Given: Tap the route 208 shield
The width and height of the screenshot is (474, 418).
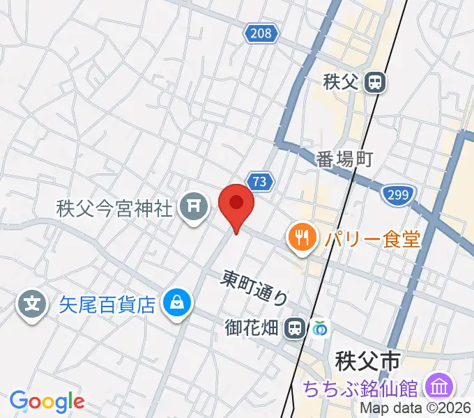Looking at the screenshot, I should [261, 32].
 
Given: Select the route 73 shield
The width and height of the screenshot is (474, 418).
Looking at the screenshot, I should [259, 182].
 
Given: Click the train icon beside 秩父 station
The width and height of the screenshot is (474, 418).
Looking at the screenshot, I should [375, 83].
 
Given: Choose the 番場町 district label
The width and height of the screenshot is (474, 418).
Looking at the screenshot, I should [344, 158].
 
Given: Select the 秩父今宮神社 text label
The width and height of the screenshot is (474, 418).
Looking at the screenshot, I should [115, 208].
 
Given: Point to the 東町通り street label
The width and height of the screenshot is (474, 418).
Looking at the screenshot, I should [255, 286].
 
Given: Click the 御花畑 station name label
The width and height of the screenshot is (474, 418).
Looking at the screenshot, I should [254, 327].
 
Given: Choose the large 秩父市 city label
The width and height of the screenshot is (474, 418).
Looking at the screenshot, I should [367, 361].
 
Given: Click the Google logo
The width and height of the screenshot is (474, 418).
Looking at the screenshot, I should [47, 401].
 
